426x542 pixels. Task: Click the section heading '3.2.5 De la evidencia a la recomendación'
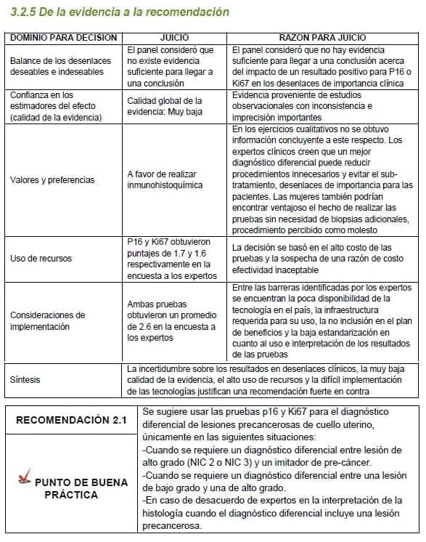[117, 12]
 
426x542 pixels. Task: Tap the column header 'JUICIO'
[177, 37]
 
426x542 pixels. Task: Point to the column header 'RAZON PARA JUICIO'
[322, 37]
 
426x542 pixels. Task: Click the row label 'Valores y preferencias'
[52, 179]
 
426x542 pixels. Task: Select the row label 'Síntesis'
[25, 379]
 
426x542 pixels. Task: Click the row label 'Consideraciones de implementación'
[47, 320]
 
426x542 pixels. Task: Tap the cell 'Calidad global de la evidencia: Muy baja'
[165, 106]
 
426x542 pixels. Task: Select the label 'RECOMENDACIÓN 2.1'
[71, 420]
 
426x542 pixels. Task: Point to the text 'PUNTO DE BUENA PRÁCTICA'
[81, 488]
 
